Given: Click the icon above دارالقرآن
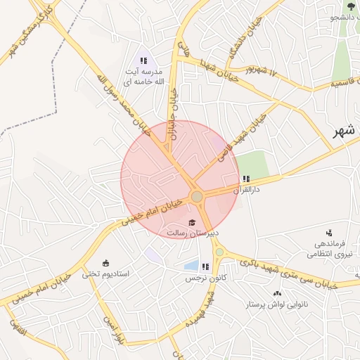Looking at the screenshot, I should [245, 179].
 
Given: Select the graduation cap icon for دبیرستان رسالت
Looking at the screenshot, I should [193, 222].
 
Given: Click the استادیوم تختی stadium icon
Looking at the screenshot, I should [105, 263].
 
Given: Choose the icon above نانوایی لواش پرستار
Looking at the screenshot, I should [276, 293].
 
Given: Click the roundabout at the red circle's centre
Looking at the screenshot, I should [197, 196].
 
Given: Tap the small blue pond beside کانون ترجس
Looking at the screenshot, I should [190, 266].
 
